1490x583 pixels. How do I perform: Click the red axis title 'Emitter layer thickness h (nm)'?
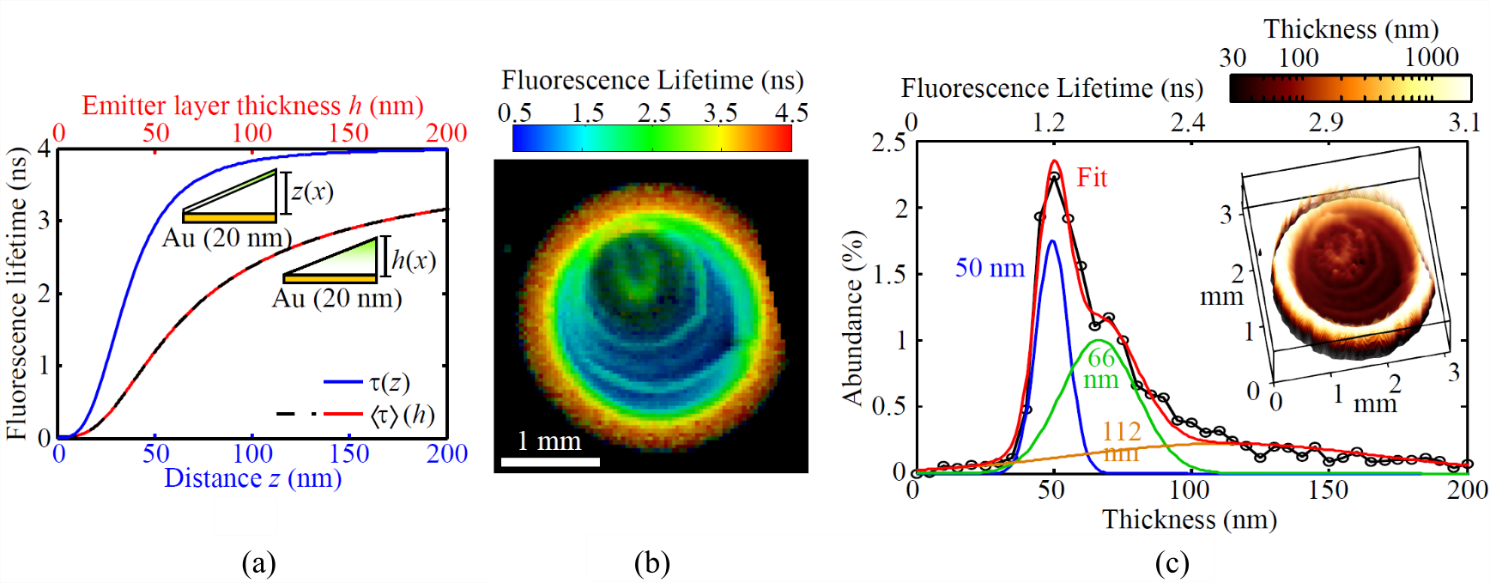(252, 106)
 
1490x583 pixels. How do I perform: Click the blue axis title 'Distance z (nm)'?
(252, 478)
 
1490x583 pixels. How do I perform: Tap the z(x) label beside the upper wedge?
(312, 191)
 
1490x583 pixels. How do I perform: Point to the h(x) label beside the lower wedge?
(413, 259)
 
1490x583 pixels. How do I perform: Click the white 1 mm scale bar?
(550, 462)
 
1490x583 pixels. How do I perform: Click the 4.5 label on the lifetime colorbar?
(790, 112)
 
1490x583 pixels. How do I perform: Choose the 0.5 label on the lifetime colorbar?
(514, 112)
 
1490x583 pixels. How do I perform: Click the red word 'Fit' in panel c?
(1092, 178)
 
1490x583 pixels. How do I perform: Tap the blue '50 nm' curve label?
(990, 268)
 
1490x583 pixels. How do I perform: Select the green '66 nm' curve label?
(1101, 368)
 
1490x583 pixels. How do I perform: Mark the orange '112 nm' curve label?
(1121, 441)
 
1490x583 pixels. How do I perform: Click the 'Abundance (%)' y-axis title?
(851, 318)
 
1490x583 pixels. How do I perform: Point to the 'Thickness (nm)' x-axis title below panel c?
(1190, 519)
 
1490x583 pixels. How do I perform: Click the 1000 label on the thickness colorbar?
(1431, 58)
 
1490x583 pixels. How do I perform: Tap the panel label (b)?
(651, 563)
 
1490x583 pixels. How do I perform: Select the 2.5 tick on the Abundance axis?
(888, 143)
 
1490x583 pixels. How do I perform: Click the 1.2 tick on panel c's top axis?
(1048, 122)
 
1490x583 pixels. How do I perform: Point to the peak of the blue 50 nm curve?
(1052, 241)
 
